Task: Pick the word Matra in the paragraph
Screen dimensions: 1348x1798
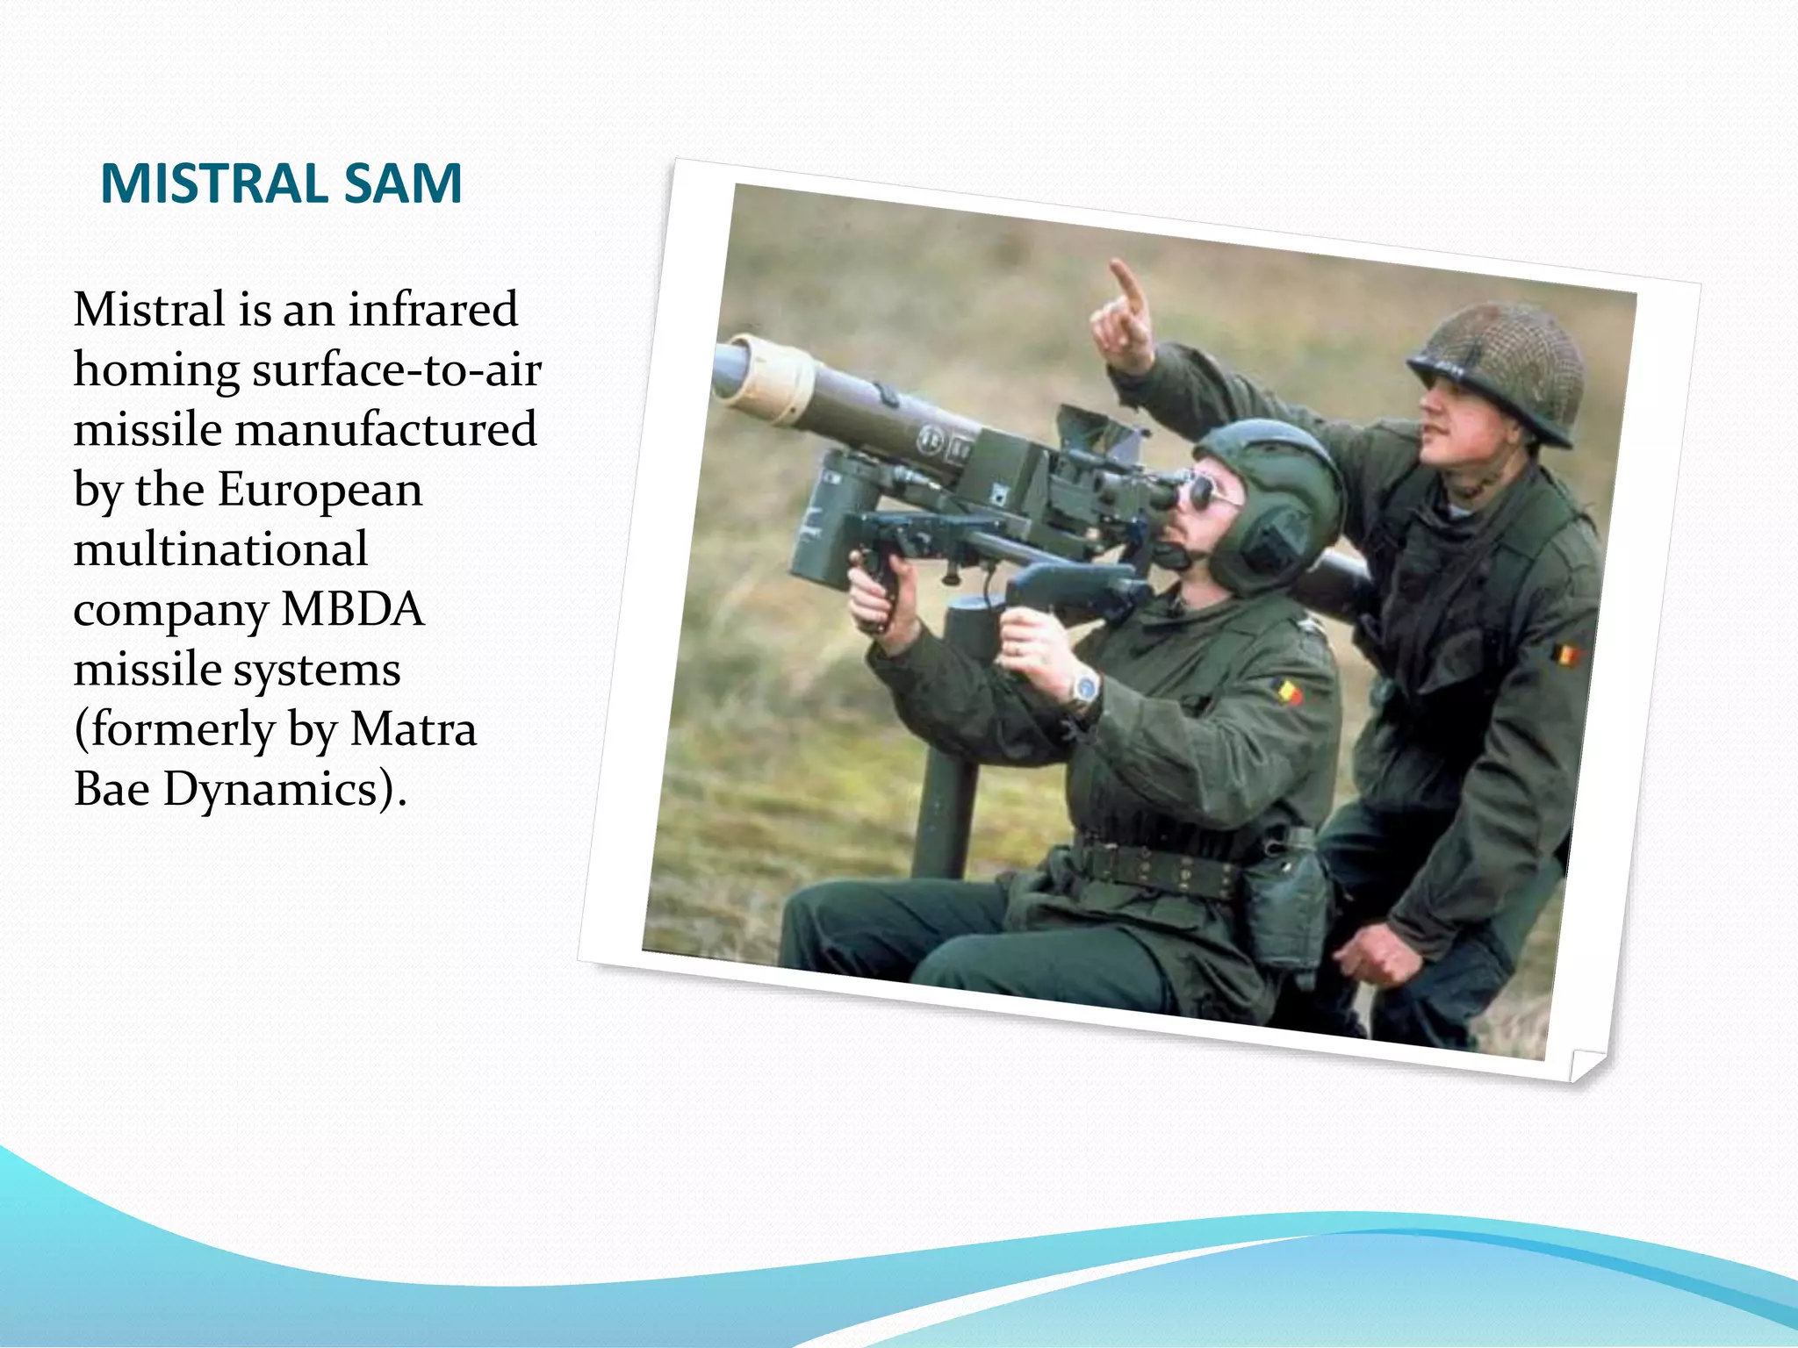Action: (x=413, y=729)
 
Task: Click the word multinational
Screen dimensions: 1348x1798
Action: (x=220, y=549)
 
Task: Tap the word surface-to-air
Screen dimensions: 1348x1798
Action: (x=397, y=369)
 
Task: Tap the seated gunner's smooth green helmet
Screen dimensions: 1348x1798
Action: (x=1282, y=491)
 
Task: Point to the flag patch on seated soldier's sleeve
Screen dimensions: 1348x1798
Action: (x=1288, y=692)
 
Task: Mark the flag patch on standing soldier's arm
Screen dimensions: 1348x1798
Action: (x=1564, y=654)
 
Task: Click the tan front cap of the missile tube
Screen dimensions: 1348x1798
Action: (x=773, y=377)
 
